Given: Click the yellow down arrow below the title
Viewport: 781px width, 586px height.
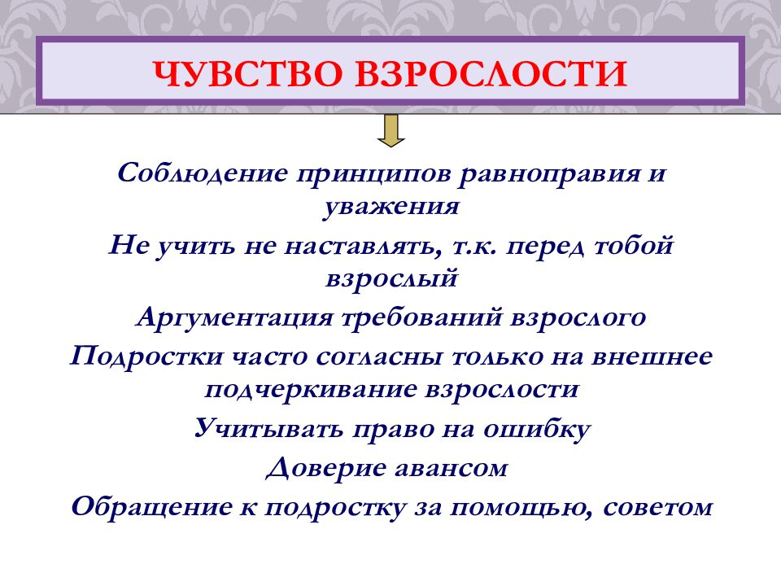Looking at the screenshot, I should click(x=391, y=130).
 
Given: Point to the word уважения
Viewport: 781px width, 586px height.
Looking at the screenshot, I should click(x=391, y=207).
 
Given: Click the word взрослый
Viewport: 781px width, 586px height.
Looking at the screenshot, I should click(x=391, y=278).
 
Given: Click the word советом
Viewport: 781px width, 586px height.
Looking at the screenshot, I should click(x=661, y=506).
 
